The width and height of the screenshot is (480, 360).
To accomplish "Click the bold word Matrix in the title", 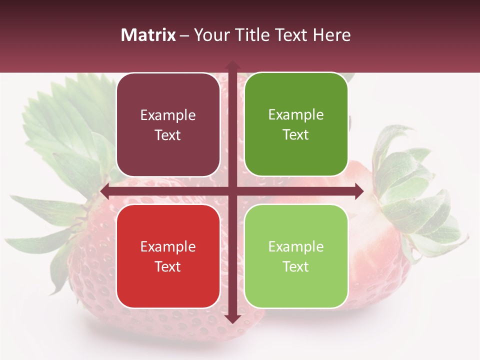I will pos(148,35).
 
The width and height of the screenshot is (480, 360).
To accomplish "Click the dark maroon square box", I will pos(168,125).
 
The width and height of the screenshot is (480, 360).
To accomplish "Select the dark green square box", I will pos(296,124).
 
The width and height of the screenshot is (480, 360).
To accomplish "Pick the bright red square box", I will pos(168,256).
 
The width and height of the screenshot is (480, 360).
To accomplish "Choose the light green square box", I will pos(296,256).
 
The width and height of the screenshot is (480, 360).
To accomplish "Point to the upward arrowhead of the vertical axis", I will pos(232,65).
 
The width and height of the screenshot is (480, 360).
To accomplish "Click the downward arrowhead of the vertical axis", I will pos(232,319).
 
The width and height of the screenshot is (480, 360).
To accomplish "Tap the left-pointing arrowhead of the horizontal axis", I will pos(105,191).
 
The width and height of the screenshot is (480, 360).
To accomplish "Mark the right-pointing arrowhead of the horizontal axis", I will pos(358,191).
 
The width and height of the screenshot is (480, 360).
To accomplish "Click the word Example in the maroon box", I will pos(168,115).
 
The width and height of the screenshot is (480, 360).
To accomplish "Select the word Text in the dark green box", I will pos(296,134).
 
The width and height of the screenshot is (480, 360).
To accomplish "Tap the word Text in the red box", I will pos(168,266).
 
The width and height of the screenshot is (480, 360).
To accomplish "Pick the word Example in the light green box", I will pos(296,246).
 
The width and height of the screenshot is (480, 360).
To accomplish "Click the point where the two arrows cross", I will pos(232,191).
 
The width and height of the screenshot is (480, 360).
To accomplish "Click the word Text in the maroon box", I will pos(168,135).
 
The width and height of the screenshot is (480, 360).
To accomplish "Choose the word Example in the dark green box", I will pos(296,115).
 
